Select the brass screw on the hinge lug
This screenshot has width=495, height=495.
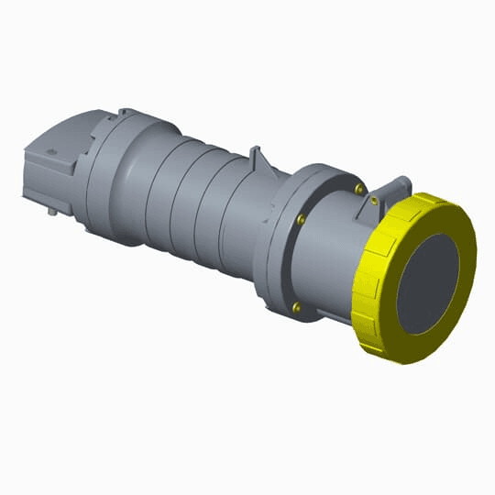point(375,199)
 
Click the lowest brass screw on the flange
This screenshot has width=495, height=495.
point(296,308)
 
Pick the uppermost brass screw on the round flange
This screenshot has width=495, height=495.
point(359,189)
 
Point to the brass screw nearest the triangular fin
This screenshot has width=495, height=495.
point(301,219)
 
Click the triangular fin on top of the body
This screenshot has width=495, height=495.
point(259,160)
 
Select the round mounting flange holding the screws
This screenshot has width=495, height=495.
point(275,247)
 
